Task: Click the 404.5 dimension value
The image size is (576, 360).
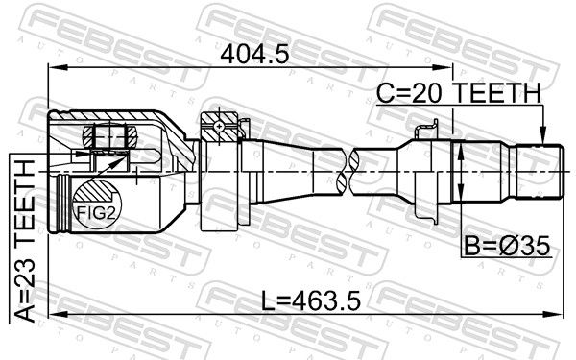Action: point(254,55)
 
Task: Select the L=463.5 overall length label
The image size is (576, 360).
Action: point(311,300)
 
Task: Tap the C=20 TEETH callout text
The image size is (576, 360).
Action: point(459,93)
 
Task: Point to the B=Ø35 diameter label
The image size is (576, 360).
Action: point(507,246)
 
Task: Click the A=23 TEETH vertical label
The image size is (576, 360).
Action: point(25,241)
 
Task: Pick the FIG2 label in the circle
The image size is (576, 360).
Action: point(96,213)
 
